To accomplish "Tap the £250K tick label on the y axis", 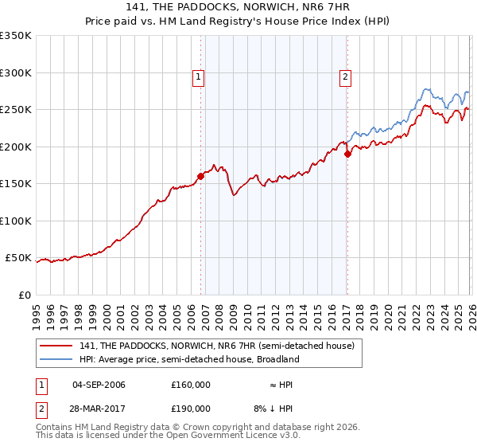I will click(15, 110).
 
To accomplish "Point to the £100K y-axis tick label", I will click(15, 221).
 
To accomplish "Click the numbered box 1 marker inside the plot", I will click(198, 77).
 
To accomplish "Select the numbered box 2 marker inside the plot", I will click(346, 77).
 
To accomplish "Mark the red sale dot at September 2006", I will click(200, 177).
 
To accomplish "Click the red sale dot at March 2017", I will click(347, 155).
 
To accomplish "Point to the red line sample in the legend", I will click(56, 346).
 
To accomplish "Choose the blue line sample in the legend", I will click(56, 359).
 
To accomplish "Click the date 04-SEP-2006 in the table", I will click(99, 385).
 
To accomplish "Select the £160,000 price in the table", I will click(191, 385).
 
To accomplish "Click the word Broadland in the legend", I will click(277, 359).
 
